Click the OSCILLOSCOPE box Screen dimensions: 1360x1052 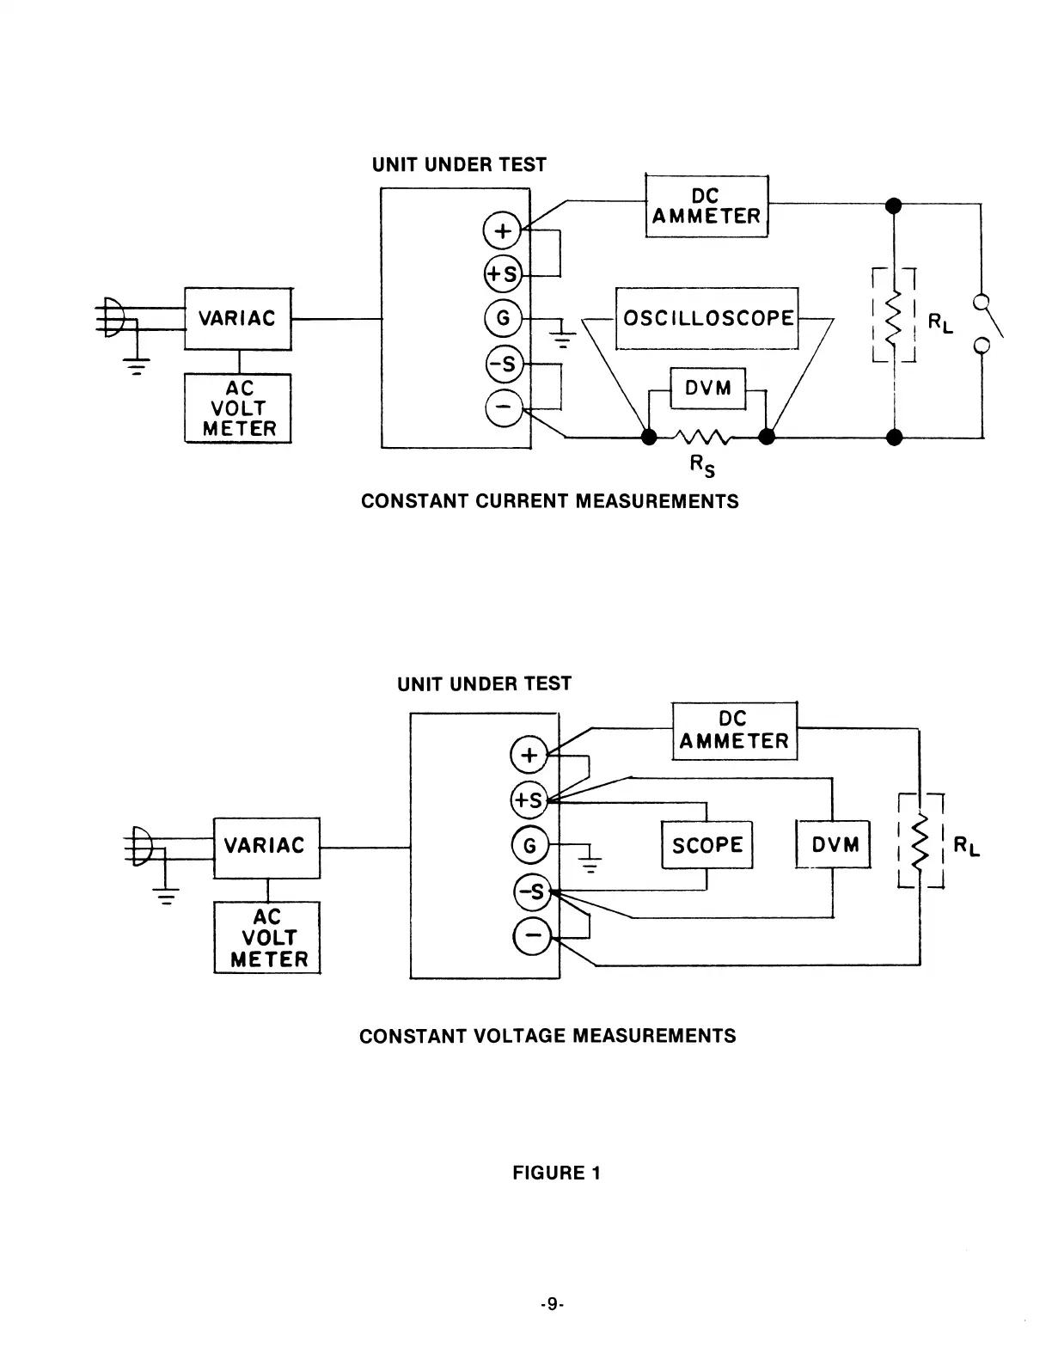[707, 318]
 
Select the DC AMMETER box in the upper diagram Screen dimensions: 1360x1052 [706, 206]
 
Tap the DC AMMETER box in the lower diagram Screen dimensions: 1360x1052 [734, 731]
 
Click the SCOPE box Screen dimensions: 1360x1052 [706, 845]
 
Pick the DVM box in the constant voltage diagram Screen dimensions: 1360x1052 [835, 845]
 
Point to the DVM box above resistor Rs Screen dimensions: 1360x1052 [707, 389]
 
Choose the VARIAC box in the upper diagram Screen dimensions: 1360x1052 [238, 318]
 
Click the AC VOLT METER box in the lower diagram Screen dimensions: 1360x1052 [267, 938]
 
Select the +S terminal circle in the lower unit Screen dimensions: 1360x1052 [529, 800]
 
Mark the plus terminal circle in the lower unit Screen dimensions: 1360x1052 [529, 756]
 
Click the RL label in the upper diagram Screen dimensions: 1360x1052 [940, 323]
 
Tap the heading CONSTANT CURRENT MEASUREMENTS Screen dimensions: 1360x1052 [549, 501]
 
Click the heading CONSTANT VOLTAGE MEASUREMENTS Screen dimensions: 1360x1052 [547, 1036]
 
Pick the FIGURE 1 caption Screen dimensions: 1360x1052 [556, 1173]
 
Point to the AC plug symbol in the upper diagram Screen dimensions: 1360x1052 [113, 318]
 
